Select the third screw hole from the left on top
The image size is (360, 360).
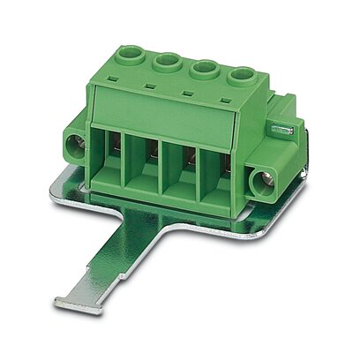point(204,71)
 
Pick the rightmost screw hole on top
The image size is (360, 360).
point(240,76)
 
